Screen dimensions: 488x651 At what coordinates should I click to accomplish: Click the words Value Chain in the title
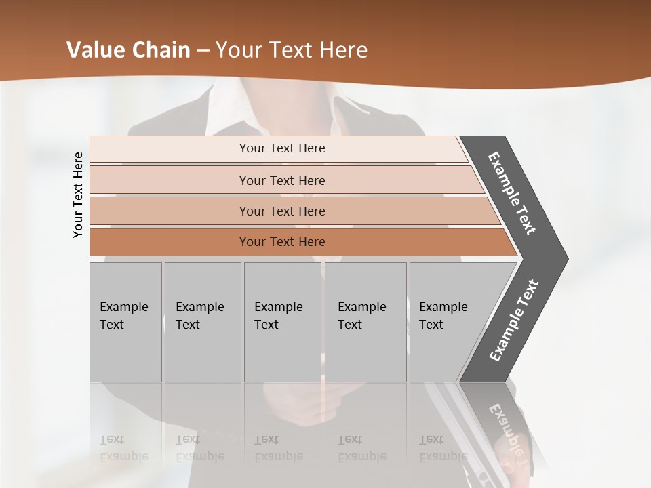(x=128, y=50)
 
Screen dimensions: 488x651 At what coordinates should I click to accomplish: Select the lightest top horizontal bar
(x=278, y=148)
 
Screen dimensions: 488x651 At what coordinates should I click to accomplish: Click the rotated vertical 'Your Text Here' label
(x=78, y=195)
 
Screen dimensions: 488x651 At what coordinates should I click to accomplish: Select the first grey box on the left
(x=125, y=321)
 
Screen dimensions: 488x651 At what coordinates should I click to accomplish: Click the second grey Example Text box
(x=203, y=321)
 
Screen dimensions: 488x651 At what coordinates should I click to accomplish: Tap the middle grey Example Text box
(x=282, y=321)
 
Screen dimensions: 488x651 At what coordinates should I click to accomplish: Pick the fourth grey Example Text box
(x=366, y=321)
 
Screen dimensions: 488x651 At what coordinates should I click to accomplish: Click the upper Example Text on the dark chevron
(x=512, y=193)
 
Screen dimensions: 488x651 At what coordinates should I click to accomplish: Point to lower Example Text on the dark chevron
(x=513, y=321)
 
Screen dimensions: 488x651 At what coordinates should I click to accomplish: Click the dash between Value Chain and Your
(x=203, y=51)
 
